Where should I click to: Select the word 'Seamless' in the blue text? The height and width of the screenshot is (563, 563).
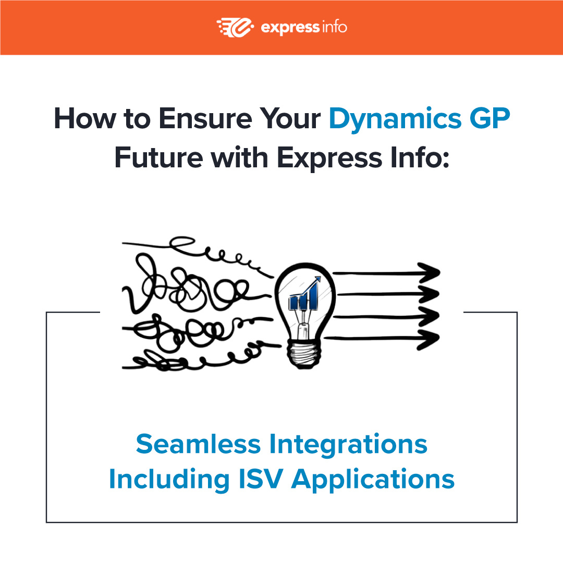click(x=198, y=444)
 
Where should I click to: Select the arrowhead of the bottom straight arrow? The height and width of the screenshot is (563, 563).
click(x=431, y=339)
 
